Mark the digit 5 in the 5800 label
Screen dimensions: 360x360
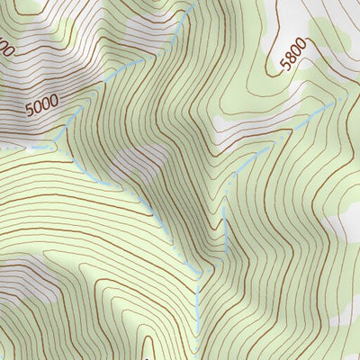pyautogui.click(x=286, y=67)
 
